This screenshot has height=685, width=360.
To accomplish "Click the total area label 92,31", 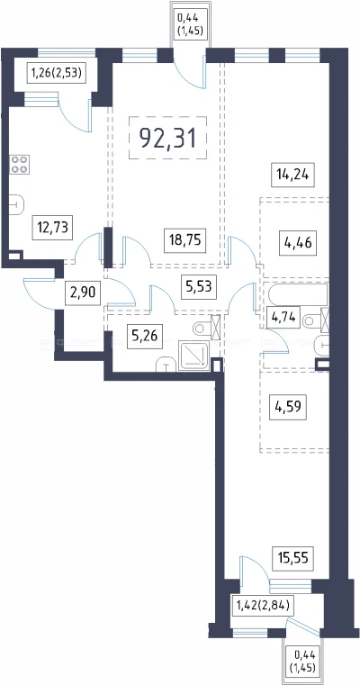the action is (x=166, y=138).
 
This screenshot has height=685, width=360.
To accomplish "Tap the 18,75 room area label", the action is (x=185, y=240).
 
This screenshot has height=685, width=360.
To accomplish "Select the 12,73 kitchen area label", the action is (x=52, y=228).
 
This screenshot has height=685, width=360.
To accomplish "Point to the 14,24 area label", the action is (x=292, y=175).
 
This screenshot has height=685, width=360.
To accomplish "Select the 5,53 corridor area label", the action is (x=198, y=287).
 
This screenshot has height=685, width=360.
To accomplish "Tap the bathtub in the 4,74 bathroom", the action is (x=298, y=296).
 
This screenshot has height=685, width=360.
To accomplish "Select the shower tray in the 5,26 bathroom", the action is (x=194, y=356).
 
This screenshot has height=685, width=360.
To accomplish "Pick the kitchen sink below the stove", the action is (x=16, y=203).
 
